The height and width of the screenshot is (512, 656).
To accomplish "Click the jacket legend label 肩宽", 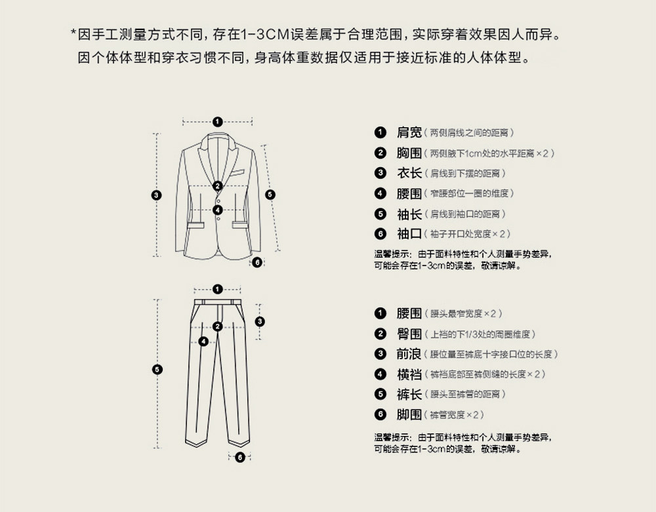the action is pos(409,132).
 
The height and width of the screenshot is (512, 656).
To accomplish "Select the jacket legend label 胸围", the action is pos(409,153).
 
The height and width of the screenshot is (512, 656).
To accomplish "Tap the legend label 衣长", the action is pos(409,173).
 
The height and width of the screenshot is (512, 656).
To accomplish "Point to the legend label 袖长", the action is pos(409,214).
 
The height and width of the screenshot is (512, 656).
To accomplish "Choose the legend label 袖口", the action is pos(409,234).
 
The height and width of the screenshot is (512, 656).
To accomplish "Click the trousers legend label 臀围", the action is pos(409,334).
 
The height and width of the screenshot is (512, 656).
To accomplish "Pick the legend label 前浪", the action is pos(409,354).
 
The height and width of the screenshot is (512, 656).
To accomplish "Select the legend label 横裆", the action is pos(409,374).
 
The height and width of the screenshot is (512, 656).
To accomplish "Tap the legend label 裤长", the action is pos(409,395).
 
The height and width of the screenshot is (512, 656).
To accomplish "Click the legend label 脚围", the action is pos(409,415).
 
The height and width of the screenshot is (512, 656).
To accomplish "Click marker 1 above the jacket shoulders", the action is pos(218,121).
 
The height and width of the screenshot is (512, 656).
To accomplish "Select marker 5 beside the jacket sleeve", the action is pos(270,195).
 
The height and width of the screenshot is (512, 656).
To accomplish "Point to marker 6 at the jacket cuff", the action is pos(257,262).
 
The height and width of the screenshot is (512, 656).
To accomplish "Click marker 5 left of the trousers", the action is pos(157,370).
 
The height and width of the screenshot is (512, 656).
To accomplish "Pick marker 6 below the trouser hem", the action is pos(240,457).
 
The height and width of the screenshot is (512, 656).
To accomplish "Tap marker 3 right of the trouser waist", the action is pos(260,321).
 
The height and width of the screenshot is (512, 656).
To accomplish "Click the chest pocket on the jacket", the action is pos(236,174).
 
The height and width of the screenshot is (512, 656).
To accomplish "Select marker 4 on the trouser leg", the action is pos(203,342).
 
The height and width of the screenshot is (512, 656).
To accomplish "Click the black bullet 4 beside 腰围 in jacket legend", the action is pos(380,193).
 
